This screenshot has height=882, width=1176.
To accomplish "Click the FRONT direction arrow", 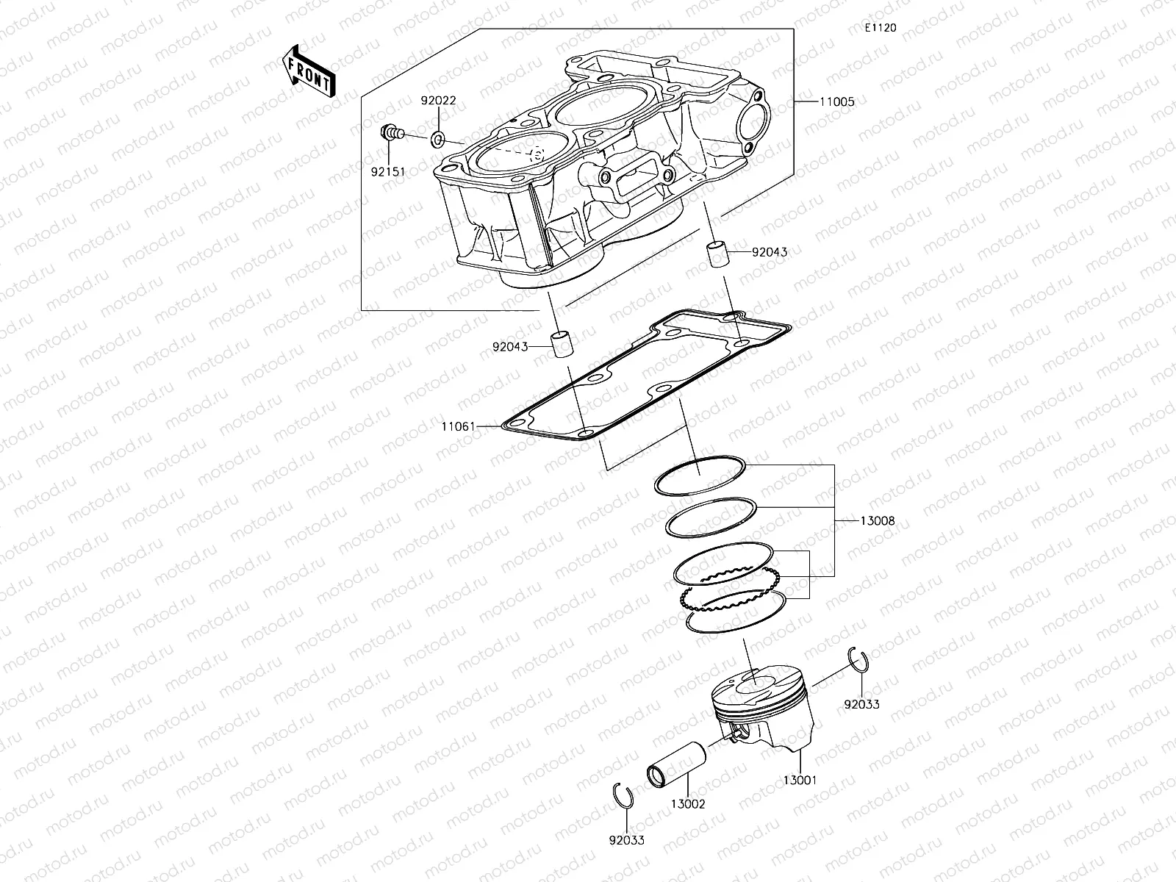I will click(308, 72).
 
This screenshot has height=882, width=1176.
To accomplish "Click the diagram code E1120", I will click(880, 28).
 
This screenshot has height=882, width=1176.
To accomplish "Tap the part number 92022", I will click(438, 101).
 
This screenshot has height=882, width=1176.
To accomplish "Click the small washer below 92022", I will click(438, 137).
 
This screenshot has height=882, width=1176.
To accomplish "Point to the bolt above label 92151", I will click(392, 134).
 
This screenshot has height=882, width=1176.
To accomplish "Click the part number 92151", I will click(389, 172).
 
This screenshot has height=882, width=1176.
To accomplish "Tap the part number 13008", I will click(877, 520).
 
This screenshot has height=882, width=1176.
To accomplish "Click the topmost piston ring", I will click(700, 476).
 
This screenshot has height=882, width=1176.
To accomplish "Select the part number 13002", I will click(687, 804).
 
